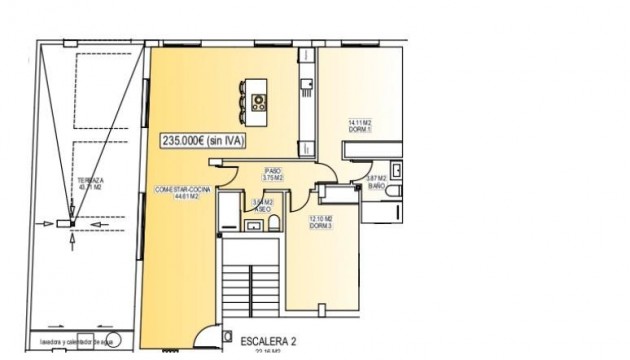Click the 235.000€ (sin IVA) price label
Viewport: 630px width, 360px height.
[206, 142]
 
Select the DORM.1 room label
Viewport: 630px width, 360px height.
[361, 129]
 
